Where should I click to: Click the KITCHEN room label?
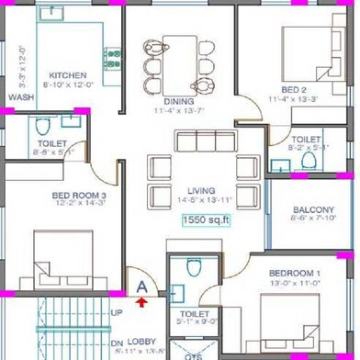click(x=67, y=74)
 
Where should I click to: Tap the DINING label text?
click(x=180, y=101)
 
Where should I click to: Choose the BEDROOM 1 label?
click(x=295, y=274)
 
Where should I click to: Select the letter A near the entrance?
click(x=141, y=286)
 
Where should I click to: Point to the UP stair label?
click(x=116, y=313)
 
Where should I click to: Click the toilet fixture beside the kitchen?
click(x=45, y=126)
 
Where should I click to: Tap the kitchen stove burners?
click(x=114, y=59)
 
